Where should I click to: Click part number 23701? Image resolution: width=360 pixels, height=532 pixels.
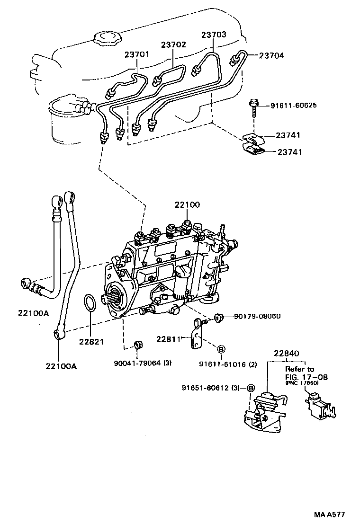(x=137, y=54)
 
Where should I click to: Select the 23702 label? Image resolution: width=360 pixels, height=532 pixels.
(x=173, y=45)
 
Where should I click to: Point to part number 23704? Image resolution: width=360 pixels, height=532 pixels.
(x=271, y=55)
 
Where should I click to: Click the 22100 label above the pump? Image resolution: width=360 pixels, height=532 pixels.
(x=187, y=205)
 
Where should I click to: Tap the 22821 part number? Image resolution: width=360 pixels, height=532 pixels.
(x=91, y=341)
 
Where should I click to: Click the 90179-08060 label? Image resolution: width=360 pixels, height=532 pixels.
(x=257, y=316)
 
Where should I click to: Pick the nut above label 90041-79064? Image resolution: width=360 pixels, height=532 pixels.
(x=137, y=344)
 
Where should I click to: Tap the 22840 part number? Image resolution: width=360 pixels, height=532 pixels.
(x=286, y=354)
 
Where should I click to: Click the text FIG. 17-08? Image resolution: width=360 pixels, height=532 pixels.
(x=306, y=377)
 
